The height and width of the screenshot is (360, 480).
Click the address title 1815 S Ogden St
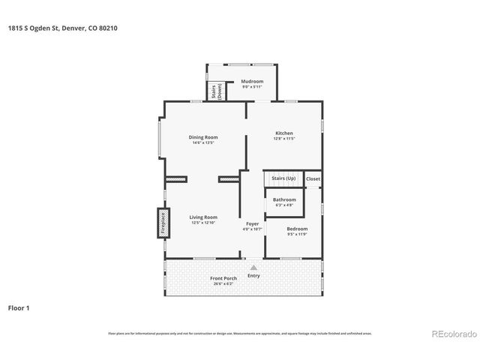pos(63,28)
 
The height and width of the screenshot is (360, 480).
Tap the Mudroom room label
pos(252,81)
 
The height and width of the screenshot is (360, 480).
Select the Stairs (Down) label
pos(214,91)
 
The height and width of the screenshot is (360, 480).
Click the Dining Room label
pos(202,137)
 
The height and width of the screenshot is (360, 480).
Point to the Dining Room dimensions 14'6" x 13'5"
pos(202,142)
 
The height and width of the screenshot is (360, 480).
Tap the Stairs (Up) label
pos(283,178)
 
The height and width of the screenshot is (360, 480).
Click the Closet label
pos(313,178)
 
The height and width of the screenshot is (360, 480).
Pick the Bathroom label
pos(284,199)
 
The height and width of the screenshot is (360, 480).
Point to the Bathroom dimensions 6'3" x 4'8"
pos(284,205)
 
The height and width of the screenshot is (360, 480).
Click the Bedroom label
pos(297,228)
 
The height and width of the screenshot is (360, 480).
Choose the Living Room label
pos(202,217)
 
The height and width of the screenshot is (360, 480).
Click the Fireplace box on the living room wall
pos(160,223)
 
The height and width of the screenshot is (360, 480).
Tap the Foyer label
pos(253,223)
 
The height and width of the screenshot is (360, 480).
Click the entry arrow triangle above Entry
pos(253,266)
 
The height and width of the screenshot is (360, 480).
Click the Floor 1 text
pos(19,307)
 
